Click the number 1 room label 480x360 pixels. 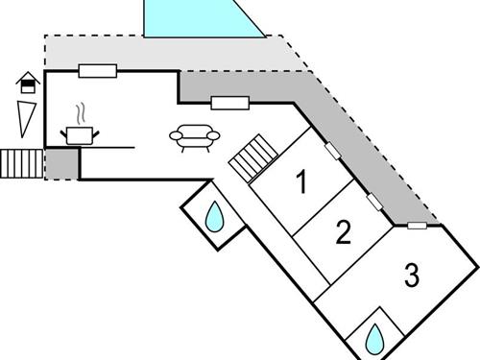pos(302,181)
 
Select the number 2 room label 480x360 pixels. pos(342,232)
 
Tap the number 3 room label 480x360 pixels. pos(412,276)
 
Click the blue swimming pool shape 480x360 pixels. pos(202,18)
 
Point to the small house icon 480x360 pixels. pos(28,84)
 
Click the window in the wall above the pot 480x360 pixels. pos(97,70)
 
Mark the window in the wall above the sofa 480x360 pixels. pos(229,103)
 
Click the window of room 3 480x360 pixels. pos(417,227)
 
